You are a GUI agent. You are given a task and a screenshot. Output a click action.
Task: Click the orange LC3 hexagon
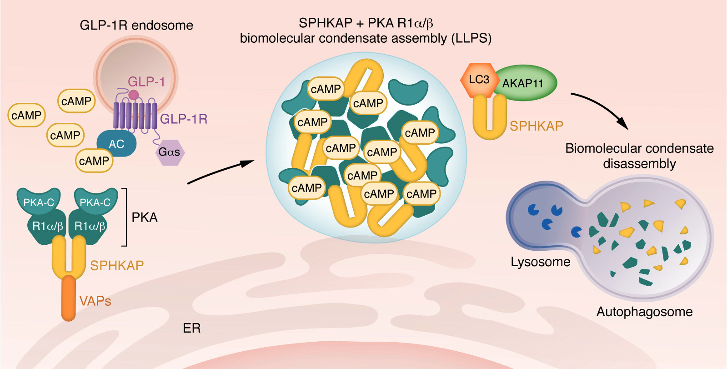[x=479, y=80]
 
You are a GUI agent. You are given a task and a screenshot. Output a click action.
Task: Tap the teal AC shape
[x=116, y=144]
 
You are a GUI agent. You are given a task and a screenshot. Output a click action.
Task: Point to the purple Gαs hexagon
[x=170, y=152]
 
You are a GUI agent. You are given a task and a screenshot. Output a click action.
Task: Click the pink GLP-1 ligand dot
[x=133, y=95]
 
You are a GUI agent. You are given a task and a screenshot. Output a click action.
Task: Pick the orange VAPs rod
[x=69, y=298]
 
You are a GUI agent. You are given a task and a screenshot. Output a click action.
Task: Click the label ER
[x=191, y=328]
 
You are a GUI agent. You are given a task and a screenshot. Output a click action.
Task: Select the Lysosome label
[x=540, y=262]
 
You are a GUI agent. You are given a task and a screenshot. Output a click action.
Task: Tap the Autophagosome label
[x=644, y=312]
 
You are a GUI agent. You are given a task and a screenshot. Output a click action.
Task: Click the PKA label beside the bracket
[x=145, y=217]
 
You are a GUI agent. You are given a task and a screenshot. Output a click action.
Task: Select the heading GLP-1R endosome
[x=136, y=25]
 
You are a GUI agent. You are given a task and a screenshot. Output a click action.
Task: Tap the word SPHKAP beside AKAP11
[x=536, y=126]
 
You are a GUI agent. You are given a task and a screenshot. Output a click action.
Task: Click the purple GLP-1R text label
[x=184, y=119]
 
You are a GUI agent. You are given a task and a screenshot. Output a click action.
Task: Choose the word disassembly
[x=639, y=164]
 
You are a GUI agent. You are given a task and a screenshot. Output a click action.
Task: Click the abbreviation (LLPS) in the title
[x=471, y=38]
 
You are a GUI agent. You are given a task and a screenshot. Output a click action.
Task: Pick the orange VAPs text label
[x=95, y=301]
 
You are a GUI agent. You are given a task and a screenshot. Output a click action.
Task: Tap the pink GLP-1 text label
[x=146, y=82]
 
